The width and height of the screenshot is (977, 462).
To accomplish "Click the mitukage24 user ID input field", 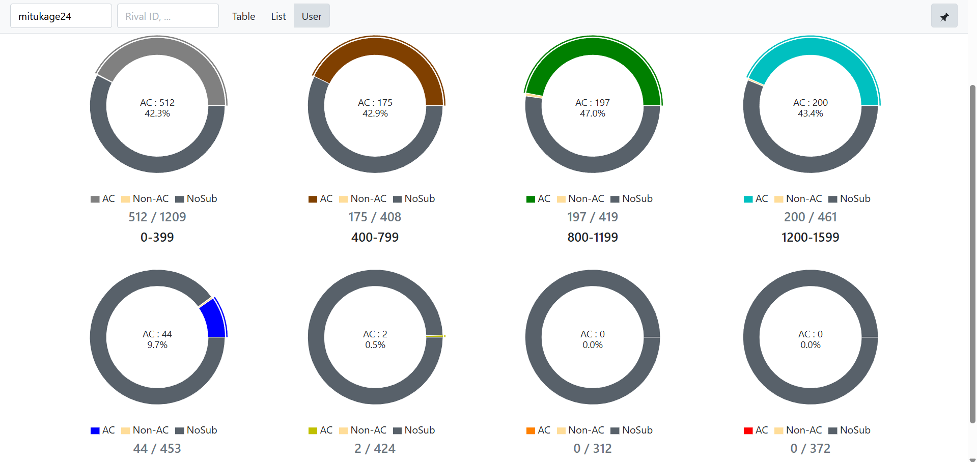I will pyautogui.click(x=61, y=16).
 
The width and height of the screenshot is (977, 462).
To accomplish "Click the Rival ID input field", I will pyautogui.click(x=168, y=16).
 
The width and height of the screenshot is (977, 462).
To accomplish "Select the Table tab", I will pyautogui.click(x=243, y=16).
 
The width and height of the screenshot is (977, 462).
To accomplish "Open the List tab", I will pyautogui.click(x=278, y=16).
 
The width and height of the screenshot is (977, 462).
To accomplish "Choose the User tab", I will pyautogui.click(x=312, y=16).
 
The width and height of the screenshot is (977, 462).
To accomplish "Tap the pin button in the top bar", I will pyautogui.click(x=944, y=16).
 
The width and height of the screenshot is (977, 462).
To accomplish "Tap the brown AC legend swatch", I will pyautogui.click(x=313, y=199).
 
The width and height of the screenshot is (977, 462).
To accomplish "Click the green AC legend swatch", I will pyautogui.click(x=531, y=199).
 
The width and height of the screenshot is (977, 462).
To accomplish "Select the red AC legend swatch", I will pyautogui.click(x=748, y=430).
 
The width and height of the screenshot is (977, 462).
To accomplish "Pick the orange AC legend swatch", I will pyautogui.click(x=531, y=430).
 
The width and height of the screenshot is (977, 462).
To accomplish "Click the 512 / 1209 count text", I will pyautogui.click(x=157, y=217).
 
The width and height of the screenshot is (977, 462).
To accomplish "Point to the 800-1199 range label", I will pyautogui.click(x=593, y=237).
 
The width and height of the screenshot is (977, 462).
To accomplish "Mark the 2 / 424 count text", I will pyautogui.click(x=375, y=448).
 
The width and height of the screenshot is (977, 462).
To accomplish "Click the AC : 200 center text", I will pyautogui.click(x=810, y=103).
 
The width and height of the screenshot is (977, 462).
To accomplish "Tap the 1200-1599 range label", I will pyautogui.click(x=810, y=237).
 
